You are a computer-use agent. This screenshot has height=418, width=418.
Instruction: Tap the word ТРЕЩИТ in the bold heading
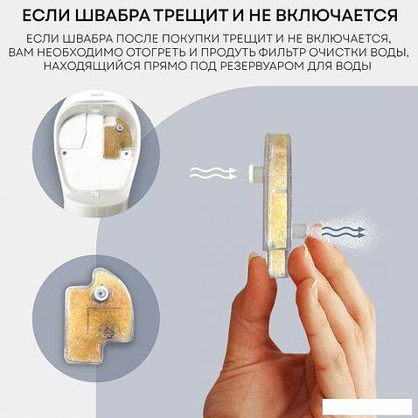198,17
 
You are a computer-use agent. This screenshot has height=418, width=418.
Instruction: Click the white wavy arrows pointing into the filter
213,173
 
